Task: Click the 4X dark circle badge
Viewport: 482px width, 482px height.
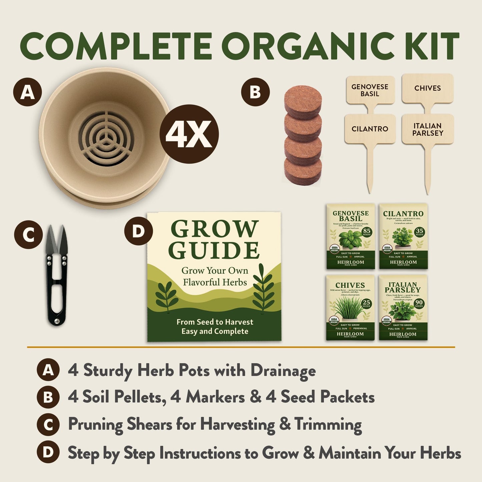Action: [x=189, y=134]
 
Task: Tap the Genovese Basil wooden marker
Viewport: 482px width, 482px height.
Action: [x=370, y=90]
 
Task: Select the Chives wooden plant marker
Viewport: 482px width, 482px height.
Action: [x=427, y=88]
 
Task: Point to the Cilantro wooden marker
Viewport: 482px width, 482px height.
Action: [x=370, y=129]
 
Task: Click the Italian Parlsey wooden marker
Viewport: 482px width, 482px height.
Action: [x=428, y=129]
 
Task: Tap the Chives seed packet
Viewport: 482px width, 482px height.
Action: [x=350, y=308]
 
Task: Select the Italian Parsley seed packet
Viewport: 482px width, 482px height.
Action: [x=403, y=308]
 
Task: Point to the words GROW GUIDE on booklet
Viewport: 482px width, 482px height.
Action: [x=214, y=239]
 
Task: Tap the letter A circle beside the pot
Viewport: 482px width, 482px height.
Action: [x=27, y=92]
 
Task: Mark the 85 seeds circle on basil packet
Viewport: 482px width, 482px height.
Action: [x=367, y=231]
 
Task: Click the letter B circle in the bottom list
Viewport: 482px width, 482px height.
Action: [x=48, y=397]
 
